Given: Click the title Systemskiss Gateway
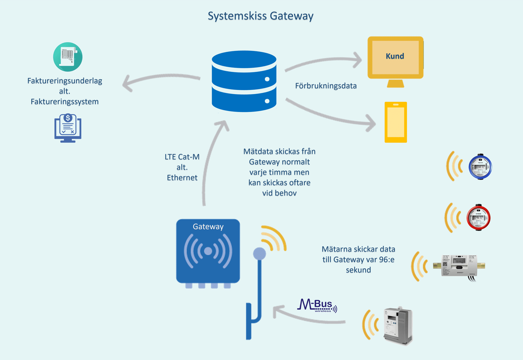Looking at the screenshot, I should coord(261,16).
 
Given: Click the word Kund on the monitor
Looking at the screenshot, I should coord(395,56).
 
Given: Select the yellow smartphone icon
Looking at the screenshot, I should coord(396,122).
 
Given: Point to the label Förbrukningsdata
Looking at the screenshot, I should coord(326,86).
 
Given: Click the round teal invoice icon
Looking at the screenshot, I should coord(68,57).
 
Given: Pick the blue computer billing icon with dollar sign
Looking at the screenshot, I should coord(68,128).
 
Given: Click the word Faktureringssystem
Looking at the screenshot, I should coord(65,102).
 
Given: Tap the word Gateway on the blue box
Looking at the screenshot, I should coord(208,227).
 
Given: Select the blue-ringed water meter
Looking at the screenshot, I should coord(480,167).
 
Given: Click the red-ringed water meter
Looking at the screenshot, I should coord(478,217).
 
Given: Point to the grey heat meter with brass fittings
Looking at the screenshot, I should coord(459,266).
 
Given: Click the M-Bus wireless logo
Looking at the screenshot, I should coord(317,305).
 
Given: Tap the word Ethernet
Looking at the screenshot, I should coord(182,178).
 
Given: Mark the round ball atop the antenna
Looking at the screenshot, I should coord(260,254).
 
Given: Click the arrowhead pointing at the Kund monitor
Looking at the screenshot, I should coord(358,60).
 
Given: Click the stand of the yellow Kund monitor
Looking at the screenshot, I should coord(395,84).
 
